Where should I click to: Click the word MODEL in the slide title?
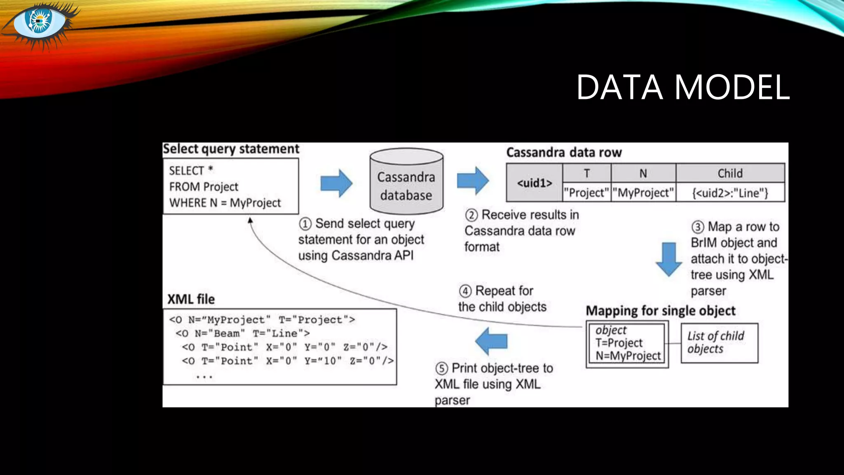tap(732, 87)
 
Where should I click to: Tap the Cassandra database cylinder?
tap(406, 182)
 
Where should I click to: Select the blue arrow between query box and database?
tap(336, 183)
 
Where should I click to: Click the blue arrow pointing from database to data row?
tap(473, 181)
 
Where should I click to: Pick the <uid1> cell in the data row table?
tap(535, 183)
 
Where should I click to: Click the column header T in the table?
tap(586, 173)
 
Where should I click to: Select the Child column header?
tap(730, 173)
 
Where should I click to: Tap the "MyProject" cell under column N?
tap(643, 193)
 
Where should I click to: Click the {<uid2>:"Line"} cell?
tap(730, 193)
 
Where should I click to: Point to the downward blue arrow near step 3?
tap(668, 259)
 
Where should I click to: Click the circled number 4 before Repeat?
tap(465, 291)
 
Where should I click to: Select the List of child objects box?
tap(719, 343)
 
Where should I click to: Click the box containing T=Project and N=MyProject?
tap(627, 343)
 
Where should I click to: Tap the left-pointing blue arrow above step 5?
tap(491, 341)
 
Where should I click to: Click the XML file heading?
tap(191, 299)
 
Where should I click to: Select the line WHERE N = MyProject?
tap(225, 203)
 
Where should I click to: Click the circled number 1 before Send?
tap(305, 224)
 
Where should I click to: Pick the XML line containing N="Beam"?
tap(242, 333)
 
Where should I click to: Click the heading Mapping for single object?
tap(660, 310)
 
